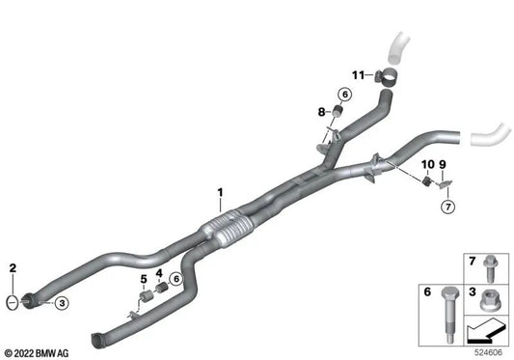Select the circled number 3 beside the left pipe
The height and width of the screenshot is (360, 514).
(x=61, y=303)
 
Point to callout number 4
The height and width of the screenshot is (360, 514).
(x=159, y=275)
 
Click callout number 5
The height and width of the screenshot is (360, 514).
(x=143, y=279)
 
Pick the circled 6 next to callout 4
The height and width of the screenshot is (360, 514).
(x=175, y=278)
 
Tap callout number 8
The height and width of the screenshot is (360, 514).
(x=324, y=112)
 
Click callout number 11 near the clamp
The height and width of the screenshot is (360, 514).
(x=444, y=166)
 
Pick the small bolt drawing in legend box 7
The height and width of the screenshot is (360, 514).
(x=487, y=263)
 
